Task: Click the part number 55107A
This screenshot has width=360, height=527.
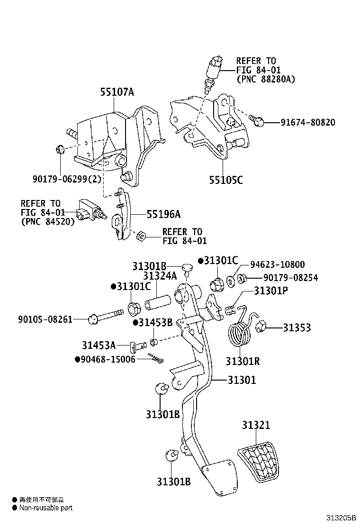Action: coord(117,92)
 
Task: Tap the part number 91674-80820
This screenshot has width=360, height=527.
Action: coord(306,123)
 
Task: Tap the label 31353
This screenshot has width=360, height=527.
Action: coord(297,327)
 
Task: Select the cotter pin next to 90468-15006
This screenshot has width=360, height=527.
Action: coord(155,359)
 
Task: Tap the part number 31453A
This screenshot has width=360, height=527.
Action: coord(99,345)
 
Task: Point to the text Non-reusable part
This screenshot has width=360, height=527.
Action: coord(45,508)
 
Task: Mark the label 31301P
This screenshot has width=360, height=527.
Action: coord(270,291)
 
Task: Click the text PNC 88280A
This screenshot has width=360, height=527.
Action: coord(265,79)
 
